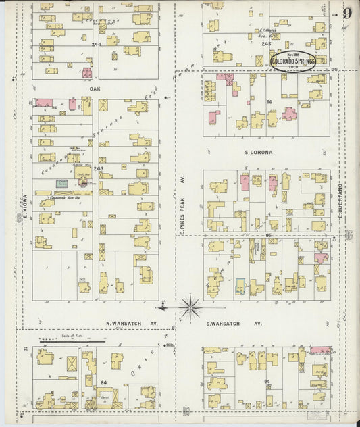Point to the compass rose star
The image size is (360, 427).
pos(190,309)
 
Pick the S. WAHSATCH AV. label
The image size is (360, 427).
pos(234,324)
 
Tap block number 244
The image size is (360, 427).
pos(97,44)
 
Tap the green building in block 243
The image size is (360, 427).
pos(61,183)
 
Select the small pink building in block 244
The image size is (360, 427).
pos(87,73)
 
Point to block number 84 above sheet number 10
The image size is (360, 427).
pos(103,383)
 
